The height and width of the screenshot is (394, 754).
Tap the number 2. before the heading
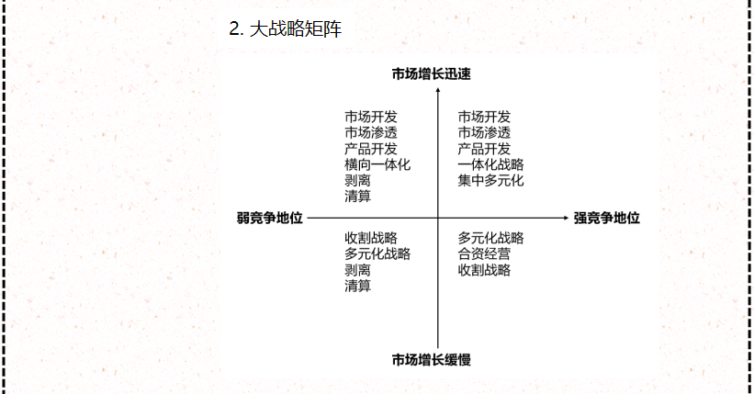pos(236,28)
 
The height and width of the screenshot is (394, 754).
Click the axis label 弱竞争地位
pos(269,219)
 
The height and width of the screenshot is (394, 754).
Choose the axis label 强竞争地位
pos(607,219)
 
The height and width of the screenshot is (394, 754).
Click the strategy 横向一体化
pos(377,165)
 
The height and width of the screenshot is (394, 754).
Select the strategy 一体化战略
pos(490,165)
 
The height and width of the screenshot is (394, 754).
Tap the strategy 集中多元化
pos(490,181)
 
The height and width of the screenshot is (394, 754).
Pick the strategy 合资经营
pos(484,254)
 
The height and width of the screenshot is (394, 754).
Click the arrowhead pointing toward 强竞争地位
pos(565,219)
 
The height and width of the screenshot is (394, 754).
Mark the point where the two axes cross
pos(438,219)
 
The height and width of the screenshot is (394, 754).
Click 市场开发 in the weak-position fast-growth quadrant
pos(371,118)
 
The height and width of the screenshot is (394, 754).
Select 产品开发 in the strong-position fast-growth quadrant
pos(484,150)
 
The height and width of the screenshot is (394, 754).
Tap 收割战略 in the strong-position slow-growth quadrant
pos(484,270)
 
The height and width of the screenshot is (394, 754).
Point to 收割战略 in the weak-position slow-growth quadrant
pos(371,239)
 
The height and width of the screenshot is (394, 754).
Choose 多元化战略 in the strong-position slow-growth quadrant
pos(490,239)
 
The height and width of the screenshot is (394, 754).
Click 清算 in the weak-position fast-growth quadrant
pos(358,197)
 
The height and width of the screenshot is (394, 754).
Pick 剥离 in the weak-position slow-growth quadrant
pos(358,270)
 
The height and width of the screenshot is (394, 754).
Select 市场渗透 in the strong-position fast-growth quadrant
pos(484,133)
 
